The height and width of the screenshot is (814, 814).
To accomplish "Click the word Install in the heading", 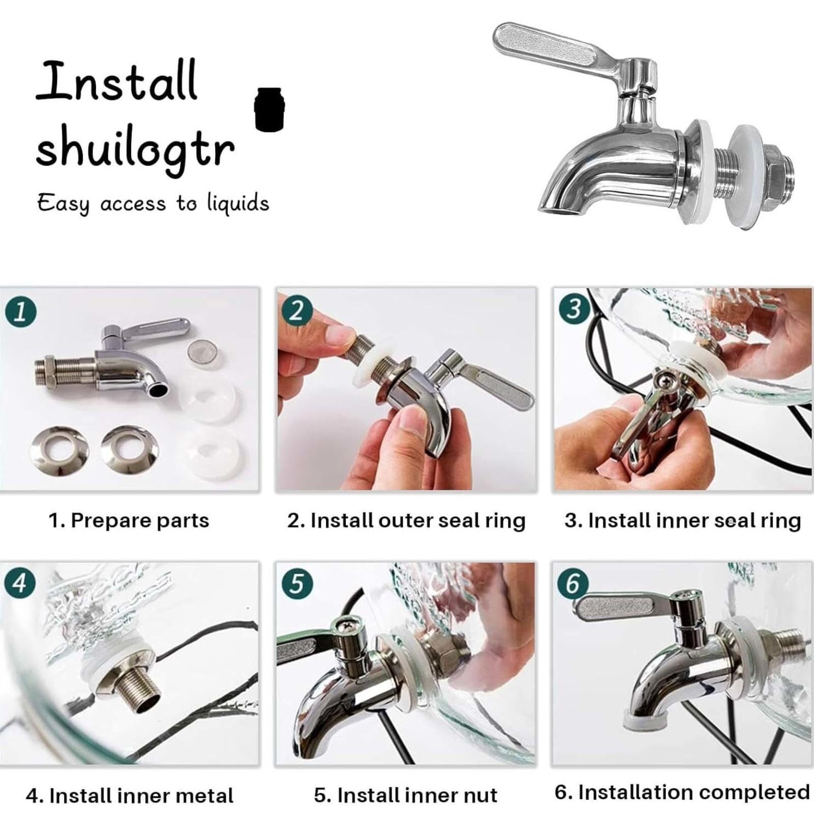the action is (117, 81).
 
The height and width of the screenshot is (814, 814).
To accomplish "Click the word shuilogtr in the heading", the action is (135, 148).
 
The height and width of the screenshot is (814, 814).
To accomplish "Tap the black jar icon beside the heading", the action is (269, 109).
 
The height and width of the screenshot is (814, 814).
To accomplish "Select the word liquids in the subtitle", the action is (238, 203).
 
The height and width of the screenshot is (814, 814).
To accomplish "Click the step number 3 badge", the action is (573, 308).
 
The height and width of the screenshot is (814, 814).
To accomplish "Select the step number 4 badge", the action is (20, 584).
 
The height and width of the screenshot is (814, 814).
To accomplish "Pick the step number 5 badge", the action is (297, 583).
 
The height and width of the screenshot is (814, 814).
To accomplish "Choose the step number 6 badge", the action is (573, 583).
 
